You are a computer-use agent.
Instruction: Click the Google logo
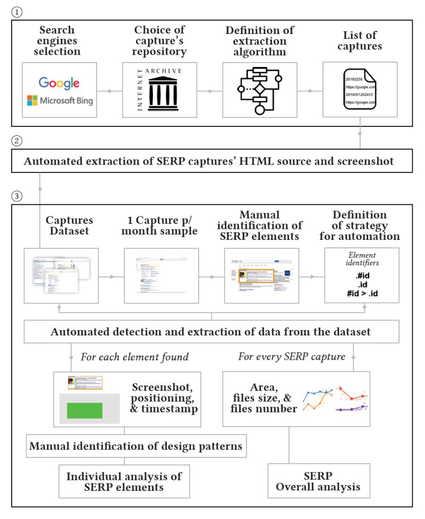[59, 83]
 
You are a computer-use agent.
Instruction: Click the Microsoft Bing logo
[59, 100]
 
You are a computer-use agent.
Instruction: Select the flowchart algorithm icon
[260, 91]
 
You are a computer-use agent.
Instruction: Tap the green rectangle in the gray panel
[84, 410]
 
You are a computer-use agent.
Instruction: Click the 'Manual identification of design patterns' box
[135, 446]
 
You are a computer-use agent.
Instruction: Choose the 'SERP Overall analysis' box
[318, 481]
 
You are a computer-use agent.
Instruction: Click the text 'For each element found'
[134, 357]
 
